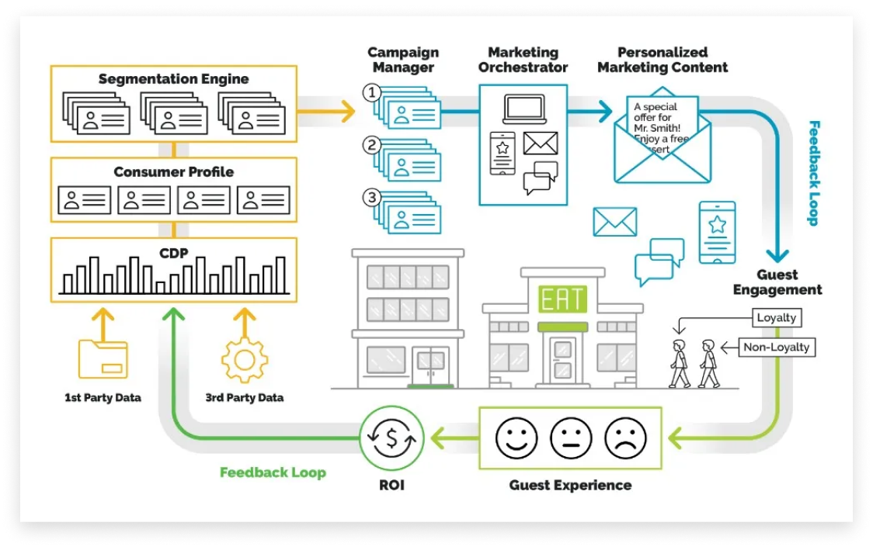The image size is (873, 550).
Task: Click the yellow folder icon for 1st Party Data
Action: pos(103,358)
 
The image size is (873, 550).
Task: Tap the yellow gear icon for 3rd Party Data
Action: pos(245,359)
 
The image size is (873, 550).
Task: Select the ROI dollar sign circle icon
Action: pos(391,438)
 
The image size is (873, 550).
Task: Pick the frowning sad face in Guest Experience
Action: pos(625,439)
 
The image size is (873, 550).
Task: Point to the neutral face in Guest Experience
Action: pos(571,439)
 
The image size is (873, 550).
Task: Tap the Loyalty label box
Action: pos(776,317)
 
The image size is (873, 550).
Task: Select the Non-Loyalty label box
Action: pos(776,347)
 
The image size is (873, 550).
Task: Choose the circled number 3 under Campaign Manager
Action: pos(372,197)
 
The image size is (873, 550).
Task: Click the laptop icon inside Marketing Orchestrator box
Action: pos(524,109)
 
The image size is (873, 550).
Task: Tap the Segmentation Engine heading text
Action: pos(173,79)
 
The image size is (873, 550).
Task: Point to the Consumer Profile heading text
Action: pos(173,171)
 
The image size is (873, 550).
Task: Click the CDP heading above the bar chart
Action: pos(173,252)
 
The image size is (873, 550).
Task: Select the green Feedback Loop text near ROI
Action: pos(273,472)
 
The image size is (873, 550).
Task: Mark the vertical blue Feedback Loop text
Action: pos(813,172)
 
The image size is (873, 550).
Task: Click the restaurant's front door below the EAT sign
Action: pos(563,358)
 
